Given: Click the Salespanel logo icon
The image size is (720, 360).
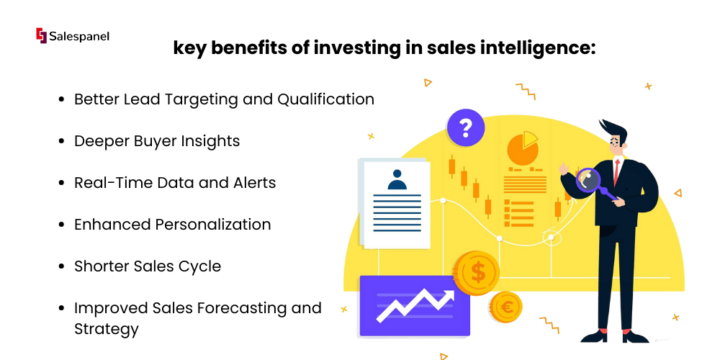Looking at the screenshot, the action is click(41, 36).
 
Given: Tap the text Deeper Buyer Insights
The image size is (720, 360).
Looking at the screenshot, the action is click(157, 141).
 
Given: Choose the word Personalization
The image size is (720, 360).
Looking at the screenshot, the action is click(212, 225).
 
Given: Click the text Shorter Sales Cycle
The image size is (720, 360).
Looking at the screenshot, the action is click(148, 266).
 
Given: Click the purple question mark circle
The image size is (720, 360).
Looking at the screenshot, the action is click(466, 127).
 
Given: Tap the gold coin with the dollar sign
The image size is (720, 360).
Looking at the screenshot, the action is click(477, 273).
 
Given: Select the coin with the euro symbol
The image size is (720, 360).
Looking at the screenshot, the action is click(505, 307).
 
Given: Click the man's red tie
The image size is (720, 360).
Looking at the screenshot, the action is click(617, 171).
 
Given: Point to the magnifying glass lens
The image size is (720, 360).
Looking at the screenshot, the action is click(588, 181).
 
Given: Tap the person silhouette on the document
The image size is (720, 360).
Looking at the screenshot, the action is click(397, 179).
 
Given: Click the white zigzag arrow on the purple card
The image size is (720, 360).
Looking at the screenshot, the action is click(415, 305).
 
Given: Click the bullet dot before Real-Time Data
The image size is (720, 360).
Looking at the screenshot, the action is click(61, 183).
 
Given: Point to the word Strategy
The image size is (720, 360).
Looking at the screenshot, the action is click(107, 329).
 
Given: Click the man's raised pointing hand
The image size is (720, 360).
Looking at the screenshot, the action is click(564, 170).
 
